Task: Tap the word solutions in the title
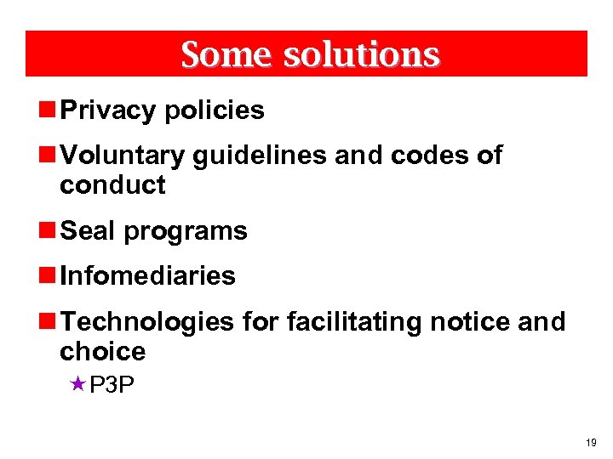(x=361, y=54)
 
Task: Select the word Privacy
(x=108, y=110)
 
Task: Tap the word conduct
(x=112, y=185)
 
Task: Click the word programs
(x=185, y=231)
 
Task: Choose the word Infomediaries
(x=147, y=275)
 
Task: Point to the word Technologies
(x=147, y=321)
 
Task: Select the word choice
(x=102, y=351)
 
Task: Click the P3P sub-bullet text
(x=112, y=386)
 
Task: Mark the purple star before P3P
(x=78, y=385)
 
